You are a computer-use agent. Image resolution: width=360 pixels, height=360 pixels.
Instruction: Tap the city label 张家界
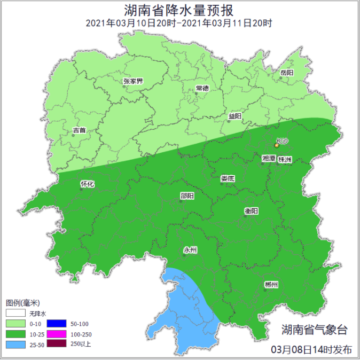coord(133,81)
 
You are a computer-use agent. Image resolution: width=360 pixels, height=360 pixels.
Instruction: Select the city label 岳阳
coord(287,72)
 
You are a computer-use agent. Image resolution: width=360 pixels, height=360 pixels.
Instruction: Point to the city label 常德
coord(202,88)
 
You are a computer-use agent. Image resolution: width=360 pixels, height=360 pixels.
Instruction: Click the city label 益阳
coord(235,116)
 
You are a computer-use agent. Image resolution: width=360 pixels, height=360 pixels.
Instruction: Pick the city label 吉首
coord(80,130)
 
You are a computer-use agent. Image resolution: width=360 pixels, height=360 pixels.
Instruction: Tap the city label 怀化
coord(87,184)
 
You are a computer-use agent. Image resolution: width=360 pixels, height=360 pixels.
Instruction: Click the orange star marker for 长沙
coord(276,145)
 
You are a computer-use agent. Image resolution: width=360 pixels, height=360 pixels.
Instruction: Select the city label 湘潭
coord(269,159)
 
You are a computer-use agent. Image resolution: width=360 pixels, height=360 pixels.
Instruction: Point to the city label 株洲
coord(285,159)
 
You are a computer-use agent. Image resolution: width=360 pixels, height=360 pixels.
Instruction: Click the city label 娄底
coord(228,179)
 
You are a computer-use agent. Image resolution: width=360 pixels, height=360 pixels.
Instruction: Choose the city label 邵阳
coord(187,196)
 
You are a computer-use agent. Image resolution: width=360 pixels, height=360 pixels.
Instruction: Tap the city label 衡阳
coord(252,211)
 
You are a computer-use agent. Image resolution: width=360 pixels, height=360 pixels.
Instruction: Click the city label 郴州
coord(271,285)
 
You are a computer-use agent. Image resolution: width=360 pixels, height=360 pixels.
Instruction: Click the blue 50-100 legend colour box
coord(56,324)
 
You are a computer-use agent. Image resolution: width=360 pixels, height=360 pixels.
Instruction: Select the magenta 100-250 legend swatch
coord(56,334)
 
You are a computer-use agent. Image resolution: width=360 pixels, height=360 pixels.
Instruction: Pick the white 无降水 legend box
coord(15,314)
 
